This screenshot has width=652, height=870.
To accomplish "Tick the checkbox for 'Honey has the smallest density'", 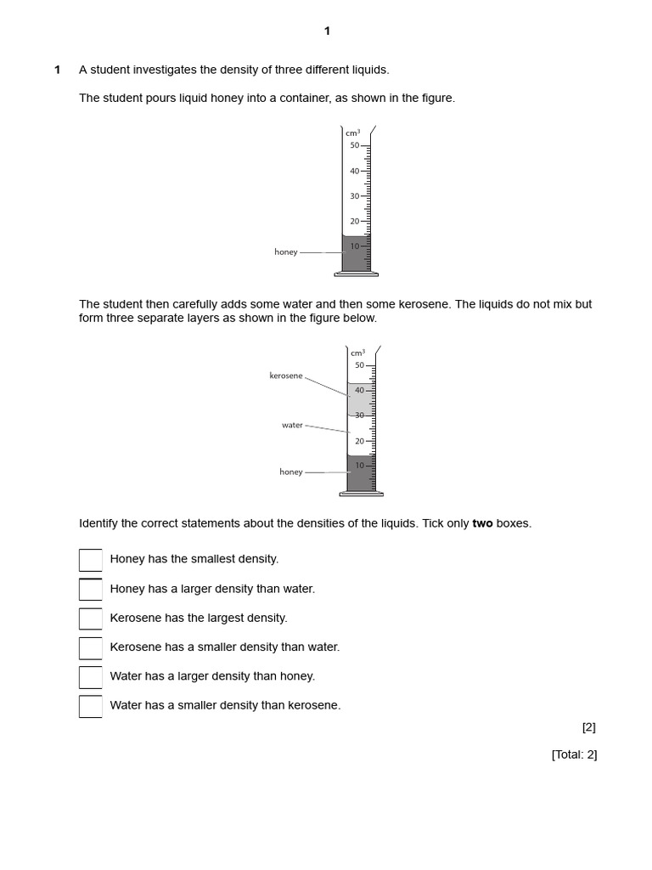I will point(90,560).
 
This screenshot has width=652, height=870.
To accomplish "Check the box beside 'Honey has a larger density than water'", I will point(90,590).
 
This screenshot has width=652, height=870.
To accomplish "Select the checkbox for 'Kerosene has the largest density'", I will point(90,619).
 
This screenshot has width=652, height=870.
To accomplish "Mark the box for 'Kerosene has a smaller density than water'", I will point(90,648).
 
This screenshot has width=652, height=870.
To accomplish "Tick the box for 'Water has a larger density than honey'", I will point(90,677).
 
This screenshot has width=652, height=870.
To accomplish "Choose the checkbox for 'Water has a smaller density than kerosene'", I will point(90,706).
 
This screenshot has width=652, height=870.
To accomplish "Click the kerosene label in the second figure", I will point(286,376).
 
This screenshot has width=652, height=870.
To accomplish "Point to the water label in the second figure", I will point(292,425).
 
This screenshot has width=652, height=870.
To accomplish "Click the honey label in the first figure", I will point(286,252).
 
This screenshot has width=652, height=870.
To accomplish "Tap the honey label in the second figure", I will point(291,472).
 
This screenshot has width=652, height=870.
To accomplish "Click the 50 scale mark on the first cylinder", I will point(355,145).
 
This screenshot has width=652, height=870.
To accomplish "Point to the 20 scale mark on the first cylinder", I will point(355,221).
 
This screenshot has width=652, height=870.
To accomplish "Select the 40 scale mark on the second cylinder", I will point(359,391).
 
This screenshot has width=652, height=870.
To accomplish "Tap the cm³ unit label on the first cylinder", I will point(352,133).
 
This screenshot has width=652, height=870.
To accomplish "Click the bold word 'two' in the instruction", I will point(482,523).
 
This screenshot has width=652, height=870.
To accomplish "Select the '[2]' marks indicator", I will point(588,727).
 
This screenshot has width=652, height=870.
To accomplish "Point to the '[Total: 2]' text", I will point(574,754).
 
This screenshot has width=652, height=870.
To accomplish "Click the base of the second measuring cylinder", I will point(361,494).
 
